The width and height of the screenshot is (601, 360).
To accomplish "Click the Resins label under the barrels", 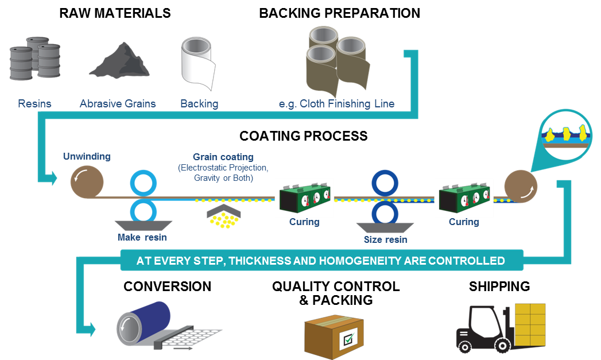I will pyautogui.click(x=34, y=104).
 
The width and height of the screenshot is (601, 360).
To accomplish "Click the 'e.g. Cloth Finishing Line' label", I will pyautogui.click(x=336, y=104).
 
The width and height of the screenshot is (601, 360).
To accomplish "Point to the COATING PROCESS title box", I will pyautogui.click(x=303, y=137).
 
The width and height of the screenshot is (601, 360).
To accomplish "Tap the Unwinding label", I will pyautogui.click(x=87, y=156).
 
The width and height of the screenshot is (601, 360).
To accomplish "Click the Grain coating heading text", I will pyautogui.click(x=223, y=157).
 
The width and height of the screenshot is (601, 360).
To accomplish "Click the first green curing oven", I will pyautogui.click(x=304, y=196).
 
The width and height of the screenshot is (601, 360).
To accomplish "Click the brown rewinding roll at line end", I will pyautogui.click(x=521, y=186).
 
